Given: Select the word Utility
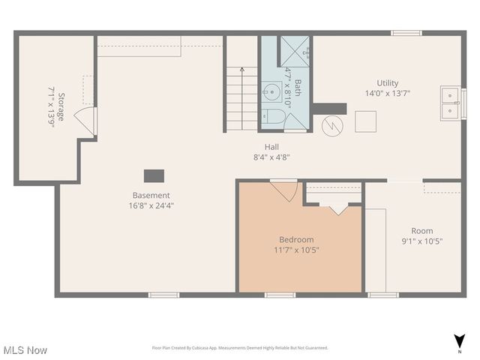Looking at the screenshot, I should click(387, 83).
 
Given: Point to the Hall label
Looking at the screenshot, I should click(271, 147).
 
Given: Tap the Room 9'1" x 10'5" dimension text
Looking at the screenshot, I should click(421, 241).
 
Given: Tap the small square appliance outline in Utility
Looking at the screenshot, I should click(365, 121).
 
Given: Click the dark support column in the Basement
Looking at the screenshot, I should click(154, 175).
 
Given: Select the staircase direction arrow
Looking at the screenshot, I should click(241, 70).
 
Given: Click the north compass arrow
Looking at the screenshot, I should click(458, 340).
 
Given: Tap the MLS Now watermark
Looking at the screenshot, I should click(25, 350).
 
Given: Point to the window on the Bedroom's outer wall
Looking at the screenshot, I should click(280, 295).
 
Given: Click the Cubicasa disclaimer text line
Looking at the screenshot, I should click(240, 348).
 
